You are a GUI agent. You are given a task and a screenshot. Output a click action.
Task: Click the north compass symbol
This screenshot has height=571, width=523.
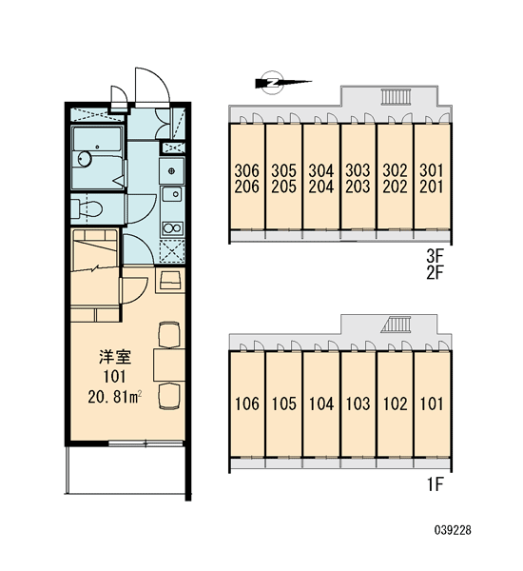[x=273, y=83]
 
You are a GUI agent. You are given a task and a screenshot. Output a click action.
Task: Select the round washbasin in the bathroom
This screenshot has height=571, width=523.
[x=85, y=159]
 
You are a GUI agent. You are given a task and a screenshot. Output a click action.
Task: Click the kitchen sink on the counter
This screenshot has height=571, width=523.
[x=172, y=194]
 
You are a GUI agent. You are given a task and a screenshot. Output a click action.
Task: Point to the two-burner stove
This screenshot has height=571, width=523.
[x=172, y=228]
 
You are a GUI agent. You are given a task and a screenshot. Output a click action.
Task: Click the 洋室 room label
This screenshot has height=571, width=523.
[x=115, y=357]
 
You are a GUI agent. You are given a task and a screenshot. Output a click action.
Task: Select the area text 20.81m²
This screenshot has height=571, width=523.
[x=115, y=397]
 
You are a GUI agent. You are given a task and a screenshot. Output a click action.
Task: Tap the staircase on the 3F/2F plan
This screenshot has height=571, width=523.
[x=396, y=96]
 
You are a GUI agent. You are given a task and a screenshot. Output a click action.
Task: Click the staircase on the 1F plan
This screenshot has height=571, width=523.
[x=396, y=325]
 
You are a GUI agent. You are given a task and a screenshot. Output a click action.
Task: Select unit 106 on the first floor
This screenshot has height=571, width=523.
[x=246, y=404]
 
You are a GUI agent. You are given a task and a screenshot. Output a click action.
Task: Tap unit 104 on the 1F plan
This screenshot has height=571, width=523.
[x=321, y=404]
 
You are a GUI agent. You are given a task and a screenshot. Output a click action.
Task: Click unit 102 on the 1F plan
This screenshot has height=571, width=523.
[x=395, y=404]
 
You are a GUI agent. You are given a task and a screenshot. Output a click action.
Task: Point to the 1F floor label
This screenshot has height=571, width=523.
[x=436, y=484]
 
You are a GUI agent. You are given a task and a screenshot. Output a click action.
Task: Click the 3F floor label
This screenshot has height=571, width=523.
[x=436, y=257]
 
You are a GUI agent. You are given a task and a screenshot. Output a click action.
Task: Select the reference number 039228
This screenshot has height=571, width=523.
[x=453, y=530]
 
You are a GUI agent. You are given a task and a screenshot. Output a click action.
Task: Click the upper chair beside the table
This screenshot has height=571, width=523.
[x=169, y=335]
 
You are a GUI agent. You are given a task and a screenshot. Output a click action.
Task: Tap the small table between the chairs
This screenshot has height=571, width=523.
[x=169, y=364]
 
